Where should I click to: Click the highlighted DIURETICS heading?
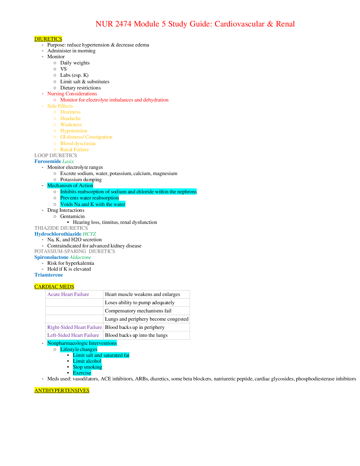click(x=48, y=39)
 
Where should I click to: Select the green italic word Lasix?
click(x=68, y=161)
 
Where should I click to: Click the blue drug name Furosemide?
click(x=48, y=161)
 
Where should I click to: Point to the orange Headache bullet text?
click(x=71, y=118)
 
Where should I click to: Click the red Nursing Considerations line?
click(x=72, y=94)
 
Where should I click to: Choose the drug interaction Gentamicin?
click(x=72, y=216)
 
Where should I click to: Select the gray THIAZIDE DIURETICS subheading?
click(x=61, y=228)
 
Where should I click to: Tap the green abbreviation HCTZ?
click(x=89, y=234)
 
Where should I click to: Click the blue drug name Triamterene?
click(x=49, y=275)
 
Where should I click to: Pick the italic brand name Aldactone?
click(x=80, y=257)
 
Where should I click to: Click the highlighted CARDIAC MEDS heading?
click(x=54, y=287)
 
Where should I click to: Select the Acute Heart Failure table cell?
click(x=68, y=294)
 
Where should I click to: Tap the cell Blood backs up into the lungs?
click(x=136, y=335)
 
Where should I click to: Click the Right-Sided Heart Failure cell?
click(x=74, y=327)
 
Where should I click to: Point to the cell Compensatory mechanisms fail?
click(x=138, y=311)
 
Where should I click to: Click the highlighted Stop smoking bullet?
click(x=87, y=367)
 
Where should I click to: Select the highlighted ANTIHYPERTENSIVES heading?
click(x=62, y=390)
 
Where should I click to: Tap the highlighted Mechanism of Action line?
click(x=70, y=185)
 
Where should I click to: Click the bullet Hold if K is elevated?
click(x=69, y=269)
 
